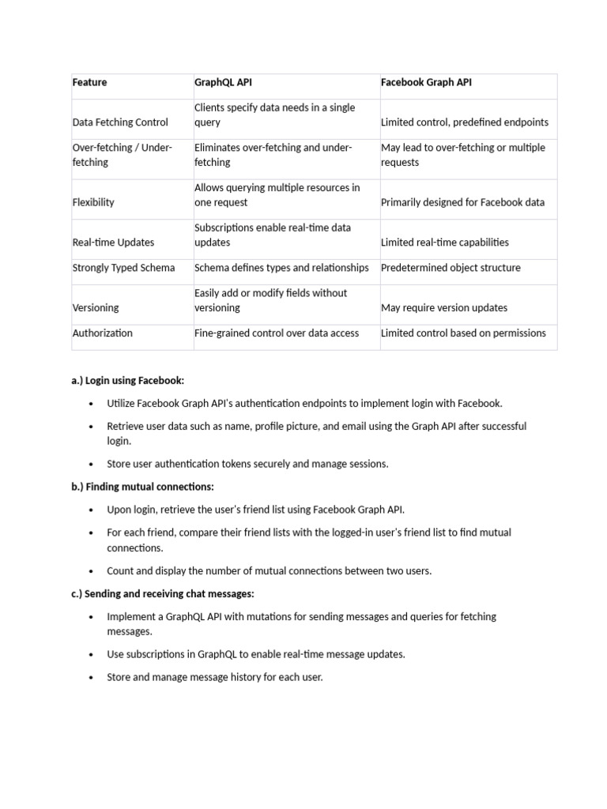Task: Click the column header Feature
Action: coord(89,82)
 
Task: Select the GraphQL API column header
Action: coord(223,82)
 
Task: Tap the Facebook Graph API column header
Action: coord(426,82)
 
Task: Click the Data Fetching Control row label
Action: coord(120,122)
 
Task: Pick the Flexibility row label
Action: coord(93,202)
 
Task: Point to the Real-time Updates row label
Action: coord(113,243)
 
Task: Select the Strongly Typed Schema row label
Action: coord(123,268)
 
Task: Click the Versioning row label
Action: coord(96,308)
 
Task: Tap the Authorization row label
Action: coord(103,333)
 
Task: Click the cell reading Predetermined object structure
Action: coord(451,268)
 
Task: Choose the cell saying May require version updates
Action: coord(444,308)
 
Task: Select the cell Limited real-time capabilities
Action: coord(445,243)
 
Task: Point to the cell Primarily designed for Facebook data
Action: coord(462,202)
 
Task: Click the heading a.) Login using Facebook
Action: coord(127,380)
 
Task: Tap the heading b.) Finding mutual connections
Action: coord(142,487)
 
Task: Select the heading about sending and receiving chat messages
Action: coord(163,593)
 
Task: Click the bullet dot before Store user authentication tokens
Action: coord(91,465)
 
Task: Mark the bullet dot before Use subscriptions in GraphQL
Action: coord(91,655)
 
